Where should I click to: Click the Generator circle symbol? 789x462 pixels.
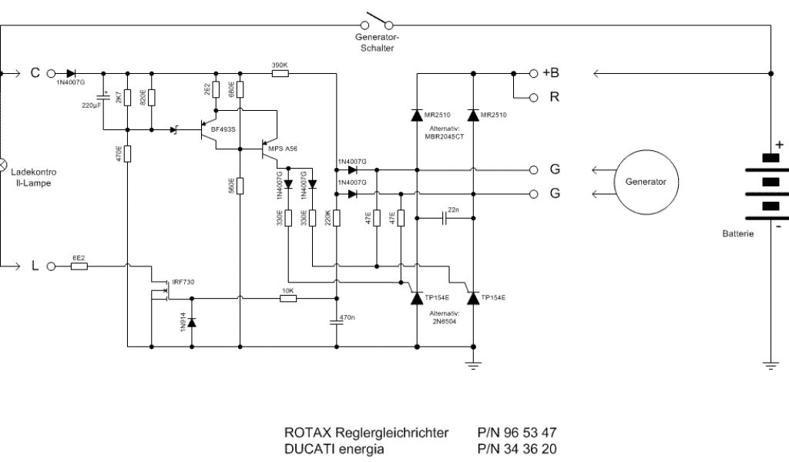click(x=646, y=182)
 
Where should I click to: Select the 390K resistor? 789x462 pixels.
click(x=280, y=74)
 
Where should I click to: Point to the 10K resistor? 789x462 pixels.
click(x=288, y=298)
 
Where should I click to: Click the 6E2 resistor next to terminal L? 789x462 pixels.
click(x=79, y=266)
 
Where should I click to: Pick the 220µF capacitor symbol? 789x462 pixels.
click(x=103, y=98)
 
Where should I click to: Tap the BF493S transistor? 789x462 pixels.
click(x=203, y=129)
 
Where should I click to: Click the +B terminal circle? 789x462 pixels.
click(x=533, y=74)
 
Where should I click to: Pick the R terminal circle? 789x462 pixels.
click(x=533, y=98)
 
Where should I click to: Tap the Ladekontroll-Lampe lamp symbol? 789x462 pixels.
click(x=2, y=164)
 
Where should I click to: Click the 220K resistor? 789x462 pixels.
click(x=337, y=218)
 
